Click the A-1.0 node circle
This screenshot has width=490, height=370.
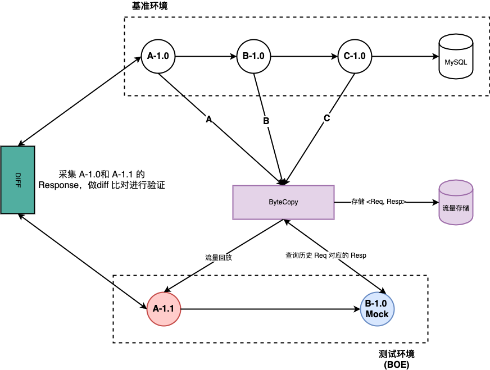[158, 57]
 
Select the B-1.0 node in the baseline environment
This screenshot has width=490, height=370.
[253, 57]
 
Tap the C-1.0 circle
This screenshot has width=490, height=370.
[355, 57]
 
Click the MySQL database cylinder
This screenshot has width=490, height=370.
[456, 57]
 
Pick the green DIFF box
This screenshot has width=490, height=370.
[17, 180]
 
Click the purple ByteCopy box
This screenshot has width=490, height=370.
[283, 202]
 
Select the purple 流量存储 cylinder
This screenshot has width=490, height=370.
[456, 203]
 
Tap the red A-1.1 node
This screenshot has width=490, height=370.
[164, 309]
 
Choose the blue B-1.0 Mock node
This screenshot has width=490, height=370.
[377, 309]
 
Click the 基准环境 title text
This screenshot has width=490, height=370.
[149, 6]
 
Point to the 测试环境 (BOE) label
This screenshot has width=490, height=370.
[397, 359]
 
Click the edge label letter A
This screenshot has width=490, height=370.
[209, 120]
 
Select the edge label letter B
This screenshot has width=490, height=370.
[266, 121]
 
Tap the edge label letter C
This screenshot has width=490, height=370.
[326, 119]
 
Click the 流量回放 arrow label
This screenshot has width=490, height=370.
[219, 258]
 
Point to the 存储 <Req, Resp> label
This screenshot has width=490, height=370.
[379, 202]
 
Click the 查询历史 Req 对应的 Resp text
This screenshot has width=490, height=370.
[326, 255]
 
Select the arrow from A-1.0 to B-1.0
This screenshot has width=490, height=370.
[205, 57]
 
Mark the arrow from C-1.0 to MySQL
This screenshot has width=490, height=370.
[405, 57]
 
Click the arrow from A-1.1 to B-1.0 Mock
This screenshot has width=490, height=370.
[270, 309]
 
